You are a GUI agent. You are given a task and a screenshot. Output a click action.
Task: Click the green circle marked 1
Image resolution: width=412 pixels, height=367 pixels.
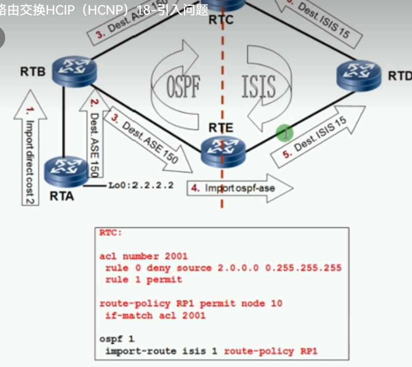pyautogui.click(x=285, y=133)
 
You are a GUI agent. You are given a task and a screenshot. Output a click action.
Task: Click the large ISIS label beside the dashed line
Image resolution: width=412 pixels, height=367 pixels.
pyautogui.click(x=258, y=86)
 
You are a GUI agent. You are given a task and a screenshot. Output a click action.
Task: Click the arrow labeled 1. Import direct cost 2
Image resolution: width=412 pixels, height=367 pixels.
pyautogui.click(x=30, y=146)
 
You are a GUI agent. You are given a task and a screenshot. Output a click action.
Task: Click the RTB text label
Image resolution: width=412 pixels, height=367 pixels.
pyautogui.click(x=33, y=71)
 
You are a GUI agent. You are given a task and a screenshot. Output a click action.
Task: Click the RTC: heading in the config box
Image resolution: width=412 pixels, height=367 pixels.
pyautogui.click(x=111, y=233)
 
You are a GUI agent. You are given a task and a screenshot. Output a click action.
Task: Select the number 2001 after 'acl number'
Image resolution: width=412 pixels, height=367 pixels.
pyautogui.click(x=176, y=256)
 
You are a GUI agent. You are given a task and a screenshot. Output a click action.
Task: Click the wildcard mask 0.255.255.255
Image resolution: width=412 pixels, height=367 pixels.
pyautogui.click(x=303, y=268)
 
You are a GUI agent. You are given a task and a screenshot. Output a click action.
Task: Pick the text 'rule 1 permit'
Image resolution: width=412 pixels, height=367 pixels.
pyautogui.click(x=143, y=280)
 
